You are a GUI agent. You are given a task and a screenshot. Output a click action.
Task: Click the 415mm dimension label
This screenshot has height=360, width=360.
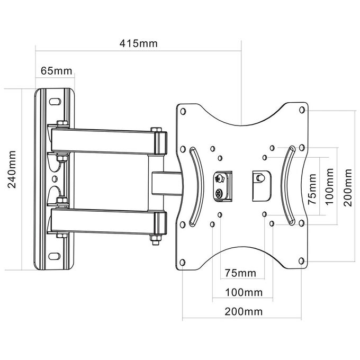coord(139,43)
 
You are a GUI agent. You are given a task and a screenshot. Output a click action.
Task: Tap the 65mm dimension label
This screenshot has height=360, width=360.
coord(57,71)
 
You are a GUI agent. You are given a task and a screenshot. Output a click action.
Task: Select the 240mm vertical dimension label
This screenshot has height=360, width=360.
coord(12,169)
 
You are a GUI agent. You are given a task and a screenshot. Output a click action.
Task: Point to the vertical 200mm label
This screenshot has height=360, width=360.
coord(348,187)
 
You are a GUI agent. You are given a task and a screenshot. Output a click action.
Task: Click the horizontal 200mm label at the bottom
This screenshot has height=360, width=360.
coord(244,312)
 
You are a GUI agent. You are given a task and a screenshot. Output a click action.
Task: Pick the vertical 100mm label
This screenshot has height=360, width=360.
coord(329,186)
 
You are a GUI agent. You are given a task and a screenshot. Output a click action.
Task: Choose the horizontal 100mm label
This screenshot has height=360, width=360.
coord(244,292)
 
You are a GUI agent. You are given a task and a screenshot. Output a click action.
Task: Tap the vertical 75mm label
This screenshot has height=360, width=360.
coord(312,189)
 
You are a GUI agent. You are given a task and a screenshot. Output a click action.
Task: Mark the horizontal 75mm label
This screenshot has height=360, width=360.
coord(240,273)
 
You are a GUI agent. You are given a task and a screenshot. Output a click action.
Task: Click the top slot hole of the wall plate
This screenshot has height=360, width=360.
coord(55,102)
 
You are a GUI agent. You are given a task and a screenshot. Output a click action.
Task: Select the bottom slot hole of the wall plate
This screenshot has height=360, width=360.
coord(55,256)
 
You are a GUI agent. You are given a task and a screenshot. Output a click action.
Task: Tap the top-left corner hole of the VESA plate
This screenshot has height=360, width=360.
coord(183,112)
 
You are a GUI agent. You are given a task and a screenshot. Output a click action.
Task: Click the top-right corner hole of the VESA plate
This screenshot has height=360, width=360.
coord(302,110)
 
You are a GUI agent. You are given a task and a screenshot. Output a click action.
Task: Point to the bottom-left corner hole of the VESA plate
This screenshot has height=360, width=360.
coord(183,262)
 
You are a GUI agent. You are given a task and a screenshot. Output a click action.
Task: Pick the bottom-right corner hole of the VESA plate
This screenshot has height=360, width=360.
coord(301,261)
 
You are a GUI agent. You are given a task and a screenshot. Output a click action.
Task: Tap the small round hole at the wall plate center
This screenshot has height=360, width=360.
coord(55,178)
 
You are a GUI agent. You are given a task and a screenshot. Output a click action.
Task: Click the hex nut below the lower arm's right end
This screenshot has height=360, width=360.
coord(156,239)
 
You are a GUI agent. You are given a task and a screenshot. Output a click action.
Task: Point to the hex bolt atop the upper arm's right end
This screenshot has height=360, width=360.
coord(156,130)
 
